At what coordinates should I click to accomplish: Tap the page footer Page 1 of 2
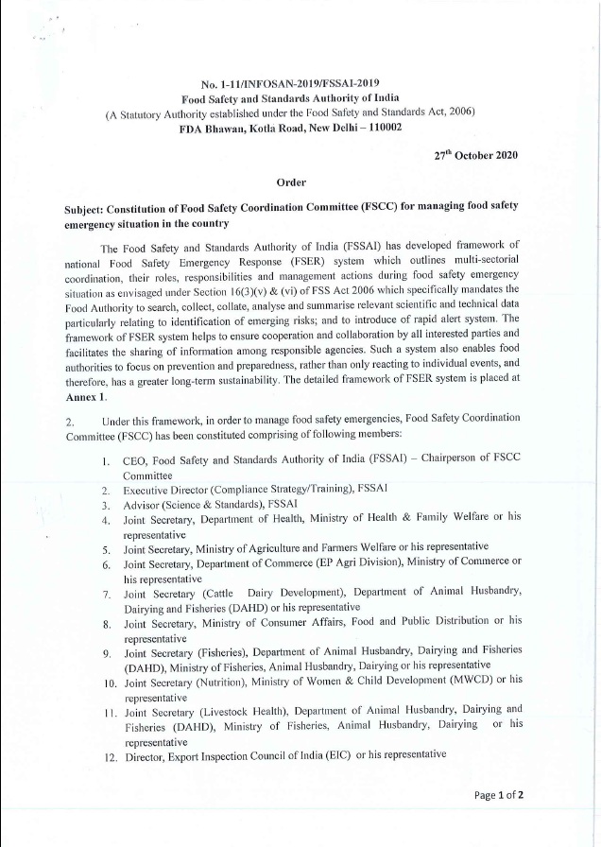499,820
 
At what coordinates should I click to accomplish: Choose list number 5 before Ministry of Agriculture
108,546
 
